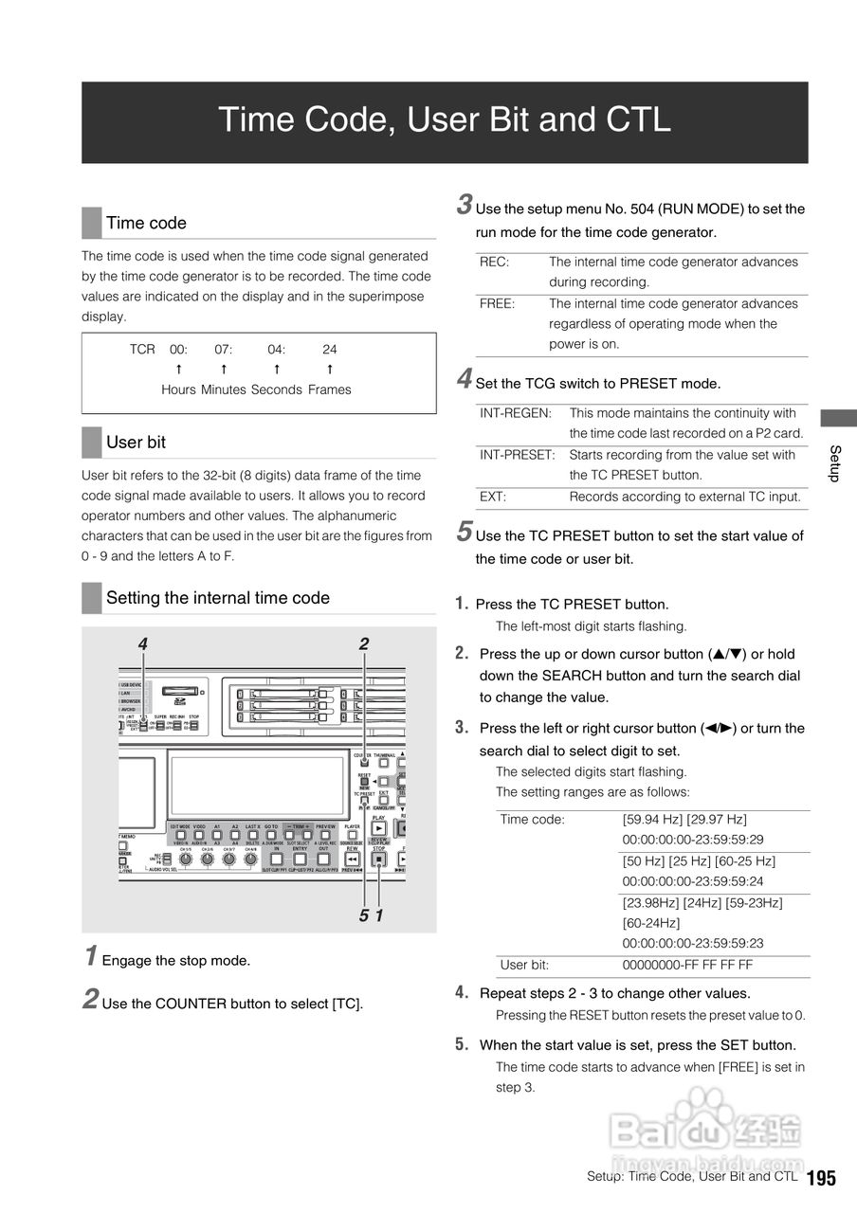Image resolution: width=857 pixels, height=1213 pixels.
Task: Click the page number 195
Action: [822, 1178]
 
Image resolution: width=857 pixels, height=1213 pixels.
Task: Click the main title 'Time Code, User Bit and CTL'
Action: [445, 120]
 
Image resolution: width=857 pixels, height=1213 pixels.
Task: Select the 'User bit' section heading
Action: [136, 443]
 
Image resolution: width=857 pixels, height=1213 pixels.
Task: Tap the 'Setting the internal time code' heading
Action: [218, 598]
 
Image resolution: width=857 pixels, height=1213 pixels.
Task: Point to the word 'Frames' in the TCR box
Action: [329, 389]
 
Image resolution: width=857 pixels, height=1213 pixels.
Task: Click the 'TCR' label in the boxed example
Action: [142, 350]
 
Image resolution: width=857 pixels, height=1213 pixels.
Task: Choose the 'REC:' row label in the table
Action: [495, 263]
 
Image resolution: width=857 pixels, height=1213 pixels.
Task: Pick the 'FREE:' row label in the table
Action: [498, 304]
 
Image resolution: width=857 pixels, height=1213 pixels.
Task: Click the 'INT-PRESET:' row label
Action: [518, 455]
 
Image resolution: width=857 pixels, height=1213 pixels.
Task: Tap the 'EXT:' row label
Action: [493, 497]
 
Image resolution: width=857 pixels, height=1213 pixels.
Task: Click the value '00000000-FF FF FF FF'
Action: [687, 966]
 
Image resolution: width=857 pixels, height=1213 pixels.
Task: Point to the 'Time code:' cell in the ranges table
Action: [532, 820]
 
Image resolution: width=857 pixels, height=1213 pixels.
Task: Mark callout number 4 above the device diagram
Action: [142, 644]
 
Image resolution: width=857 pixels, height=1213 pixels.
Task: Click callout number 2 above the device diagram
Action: [364, 644]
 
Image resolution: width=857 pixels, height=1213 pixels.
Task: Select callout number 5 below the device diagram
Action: [364, 916]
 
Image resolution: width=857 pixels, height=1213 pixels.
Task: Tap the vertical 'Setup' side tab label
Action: [835, 462]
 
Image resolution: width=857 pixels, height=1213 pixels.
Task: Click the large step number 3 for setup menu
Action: [465, 204]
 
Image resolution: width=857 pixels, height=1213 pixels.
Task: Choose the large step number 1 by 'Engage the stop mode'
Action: [90, 956]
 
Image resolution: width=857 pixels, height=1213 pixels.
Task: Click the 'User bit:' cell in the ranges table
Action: [524, 966]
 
